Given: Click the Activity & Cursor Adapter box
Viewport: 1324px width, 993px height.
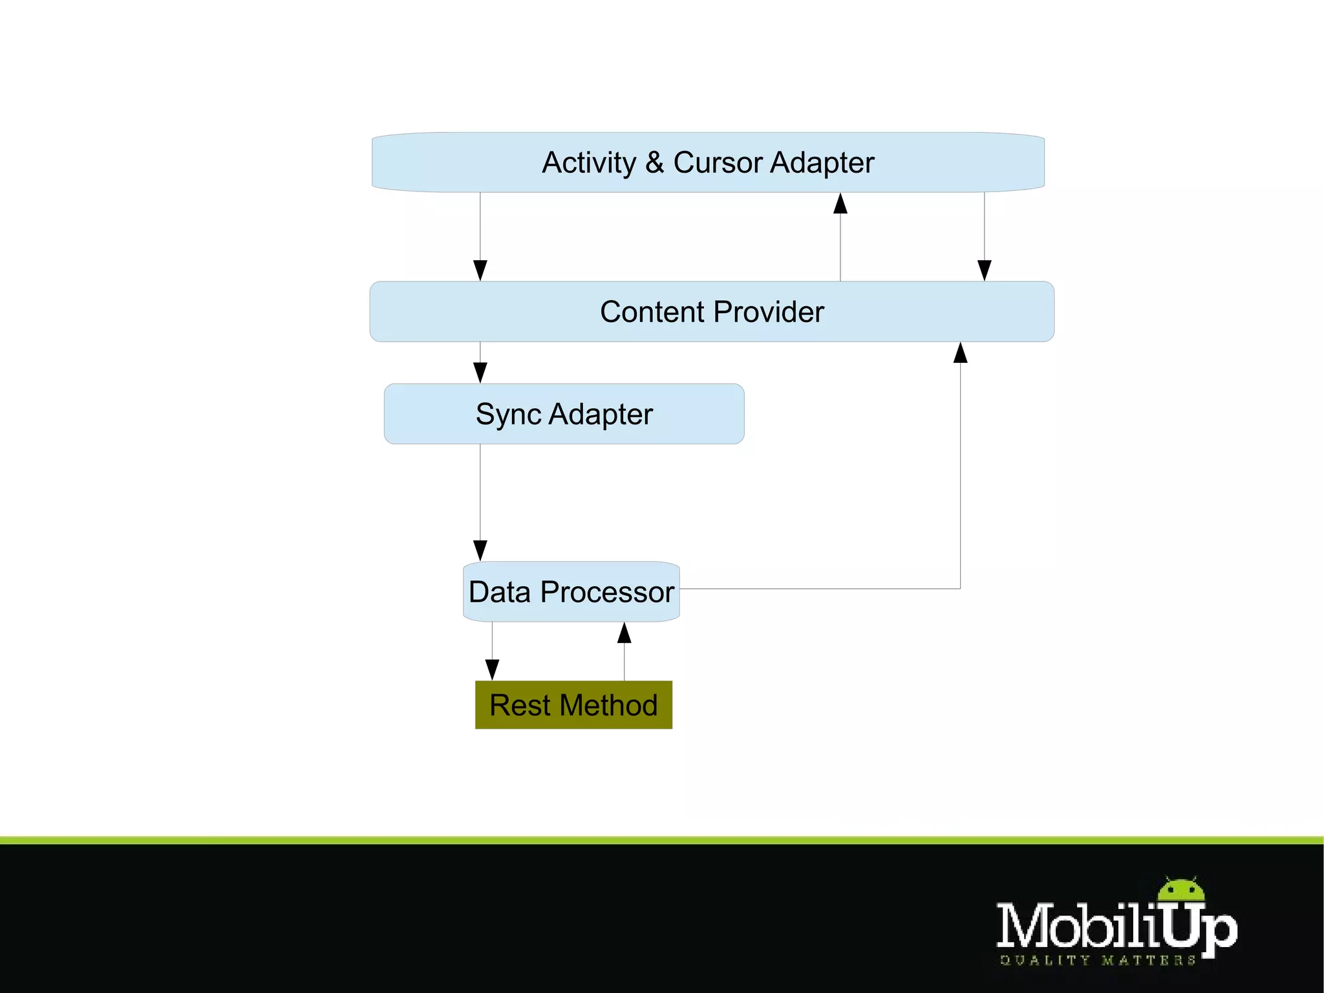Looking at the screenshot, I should coord(708,162).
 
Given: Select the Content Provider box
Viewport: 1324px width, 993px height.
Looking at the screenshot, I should coord(711,311).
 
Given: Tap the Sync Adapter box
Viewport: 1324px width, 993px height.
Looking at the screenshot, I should coord(564,414).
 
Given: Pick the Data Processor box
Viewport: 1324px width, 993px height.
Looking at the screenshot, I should coord(571,592).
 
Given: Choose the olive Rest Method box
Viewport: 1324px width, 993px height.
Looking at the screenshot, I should coord(573,704).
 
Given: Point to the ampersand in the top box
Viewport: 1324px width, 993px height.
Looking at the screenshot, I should coord(654,162).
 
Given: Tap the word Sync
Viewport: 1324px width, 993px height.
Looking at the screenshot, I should coord(508,415).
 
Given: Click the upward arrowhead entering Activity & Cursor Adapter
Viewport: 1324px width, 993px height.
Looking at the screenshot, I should coord(840,203).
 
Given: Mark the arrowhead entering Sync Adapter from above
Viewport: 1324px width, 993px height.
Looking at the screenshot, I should coord(480,372).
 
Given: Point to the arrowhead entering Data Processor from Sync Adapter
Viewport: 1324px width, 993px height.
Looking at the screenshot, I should coord(480,551).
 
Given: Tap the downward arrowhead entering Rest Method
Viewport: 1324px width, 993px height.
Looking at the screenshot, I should coord(492,670).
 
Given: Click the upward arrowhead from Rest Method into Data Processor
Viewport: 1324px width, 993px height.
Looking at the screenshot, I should coord(624,633).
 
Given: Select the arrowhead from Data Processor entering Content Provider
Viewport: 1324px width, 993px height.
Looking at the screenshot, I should coord(961,353).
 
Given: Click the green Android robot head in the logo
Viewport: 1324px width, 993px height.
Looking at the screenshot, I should coord(1182,889).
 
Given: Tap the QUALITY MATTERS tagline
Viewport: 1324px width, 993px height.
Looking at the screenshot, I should coord(1098,961).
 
